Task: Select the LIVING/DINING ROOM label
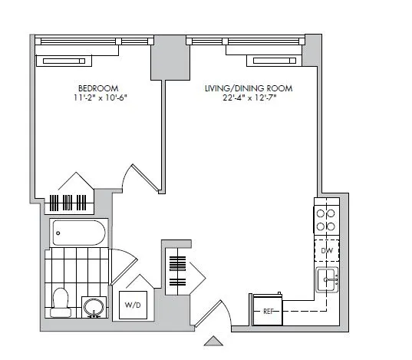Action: pos(248,88)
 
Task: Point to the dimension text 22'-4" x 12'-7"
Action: pos(248,98)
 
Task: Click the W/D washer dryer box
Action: pos(132,306)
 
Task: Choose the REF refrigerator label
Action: pos(268,312)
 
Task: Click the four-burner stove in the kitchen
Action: pos(325,220)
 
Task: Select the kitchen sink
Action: pos(327,280)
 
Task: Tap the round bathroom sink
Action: pos(94,306)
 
